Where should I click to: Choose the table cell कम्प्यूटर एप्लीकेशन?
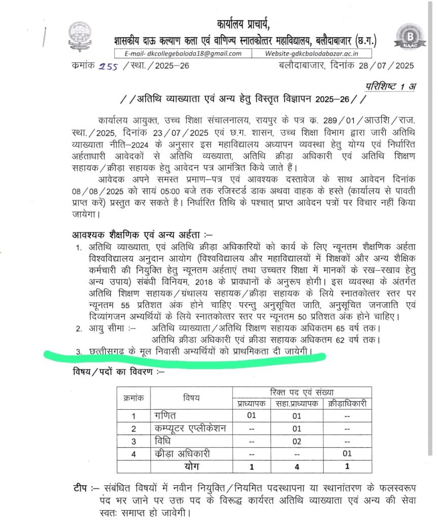190,428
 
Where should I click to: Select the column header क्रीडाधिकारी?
347,404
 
